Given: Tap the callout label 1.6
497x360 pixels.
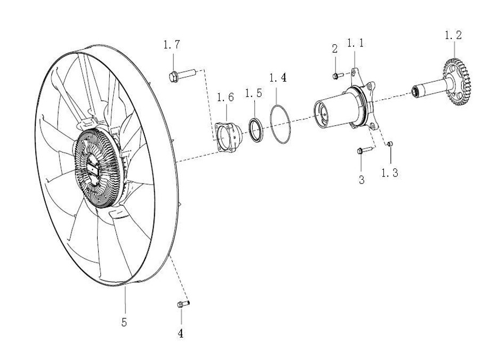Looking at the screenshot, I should [x=225, y=97].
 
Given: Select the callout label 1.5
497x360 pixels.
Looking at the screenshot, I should [x=253, y=93].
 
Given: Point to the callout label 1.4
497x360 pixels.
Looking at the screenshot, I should [x=277, y=78].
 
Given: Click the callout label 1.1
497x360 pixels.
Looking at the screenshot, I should [x=355, y=43].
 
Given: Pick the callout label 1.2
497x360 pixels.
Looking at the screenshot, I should [x=453, y=36].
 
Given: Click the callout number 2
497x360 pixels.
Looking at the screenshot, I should [x=335, y=49].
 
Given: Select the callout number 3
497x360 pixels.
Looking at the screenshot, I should [x=362, y=180].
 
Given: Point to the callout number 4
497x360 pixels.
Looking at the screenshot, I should [x=181, y=334].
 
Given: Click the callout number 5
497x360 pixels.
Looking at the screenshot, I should [x=124, y=323].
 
